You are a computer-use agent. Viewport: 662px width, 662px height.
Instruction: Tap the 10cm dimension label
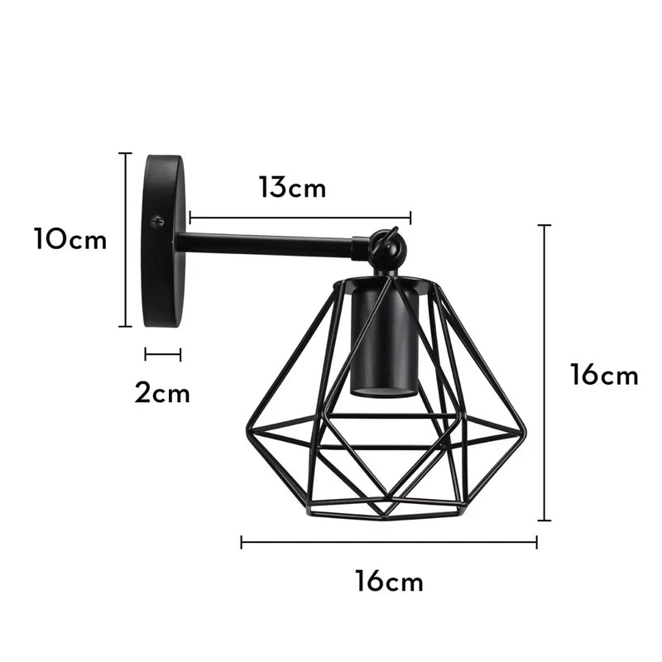70,239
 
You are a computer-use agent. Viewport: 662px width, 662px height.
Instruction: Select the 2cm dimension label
162,392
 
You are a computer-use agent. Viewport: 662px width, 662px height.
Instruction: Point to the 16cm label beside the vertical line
604,375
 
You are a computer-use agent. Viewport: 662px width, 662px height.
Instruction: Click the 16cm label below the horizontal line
389,582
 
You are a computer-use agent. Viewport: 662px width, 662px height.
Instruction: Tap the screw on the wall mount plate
157,222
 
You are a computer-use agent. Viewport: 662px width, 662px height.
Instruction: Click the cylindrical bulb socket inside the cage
383,338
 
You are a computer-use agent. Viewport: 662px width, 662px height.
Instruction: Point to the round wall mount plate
165,241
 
